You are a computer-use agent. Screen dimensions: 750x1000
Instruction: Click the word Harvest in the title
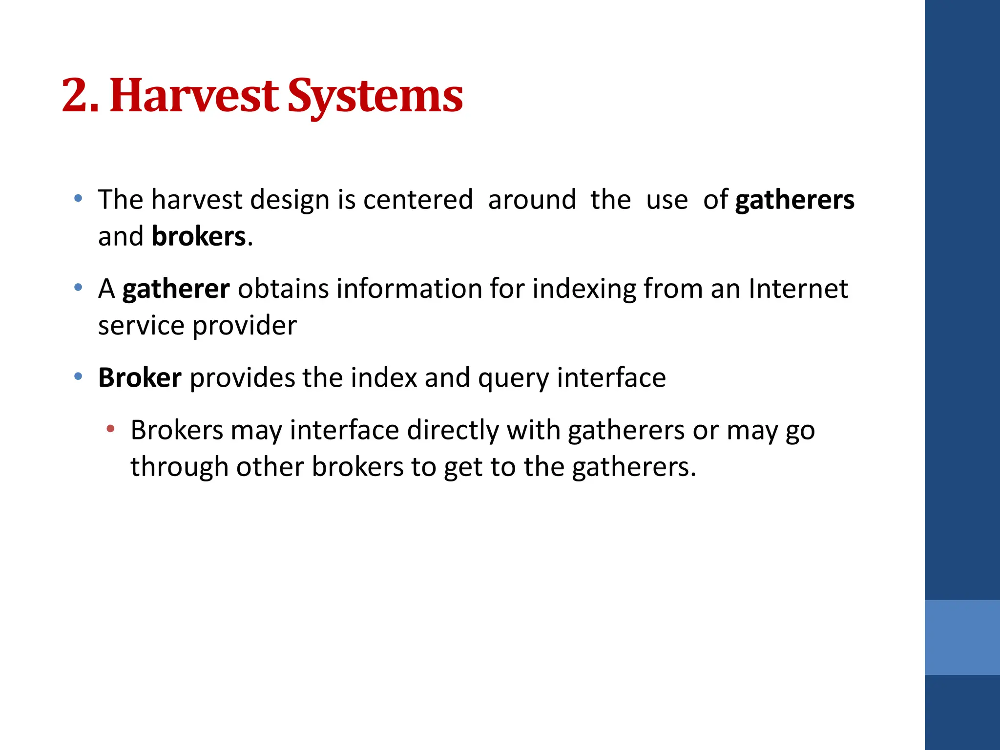coord(194,96)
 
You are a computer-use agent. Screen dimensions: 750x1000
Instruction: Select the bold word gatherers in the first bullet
coord(794,201)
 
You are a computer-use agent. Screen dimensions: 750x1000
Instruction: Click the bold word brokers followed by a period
coord(198,237)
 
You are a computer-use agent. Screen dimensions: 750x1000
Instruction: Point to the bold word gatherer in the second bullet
coord(176,289)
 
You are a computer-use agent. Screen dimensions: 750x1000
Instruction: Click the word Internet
coord(798,289)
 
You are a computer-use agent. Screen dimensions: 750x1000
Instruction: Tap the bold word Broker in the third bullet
coord(140,378)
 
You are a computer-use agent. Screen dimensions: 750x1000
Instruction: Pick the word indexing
coord(584,289)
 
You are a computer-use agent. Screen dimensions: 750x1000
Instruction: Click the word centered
coord(418,200)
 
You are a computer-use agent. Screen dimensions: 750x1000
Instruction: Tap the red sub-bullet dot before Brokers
coord(111,430)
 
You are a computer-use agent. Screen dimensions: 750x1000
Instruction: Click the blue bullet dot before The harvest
coord(78,198)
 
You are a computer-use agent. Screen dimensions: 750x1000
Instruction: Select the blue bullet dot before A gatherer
coord(78,288)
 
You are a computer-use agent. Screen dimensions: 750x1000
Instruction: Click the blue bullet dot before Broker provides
coord(78,376)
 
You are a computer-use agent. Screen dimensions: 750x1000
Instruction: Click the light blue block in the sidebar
coord(962,637)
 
